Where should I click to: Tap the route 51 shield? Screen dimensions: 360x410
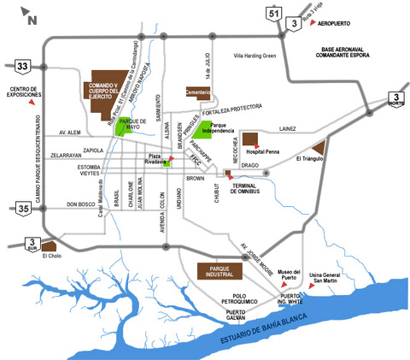[273, 13]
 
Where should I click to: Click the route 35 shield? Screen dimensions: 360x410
[23, 207]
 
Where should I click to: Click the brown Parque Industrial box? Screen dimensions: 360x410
[220, 271]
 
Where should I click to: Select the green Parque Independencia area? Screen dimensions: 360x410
[203, 129]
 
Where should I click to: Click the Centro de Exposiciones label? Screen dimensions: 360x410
[26, 91]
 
